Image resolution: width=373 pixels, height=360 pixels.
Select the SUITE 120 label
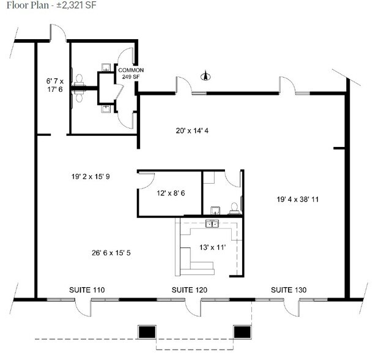click(189, 289)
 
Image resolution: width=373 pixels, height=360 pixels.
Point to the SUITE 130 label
click(289, 289)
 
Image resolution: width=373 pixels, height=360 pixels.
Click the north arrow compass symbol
click(206, 77)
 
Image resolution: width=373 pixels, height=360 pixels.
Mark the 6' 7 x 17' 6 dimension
click(56, 84)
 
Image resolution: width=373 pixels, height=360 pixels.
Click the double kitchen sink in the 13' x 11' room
click(213, 224)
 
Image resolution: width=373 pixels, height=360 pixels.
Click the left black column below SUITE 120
click(146, 331)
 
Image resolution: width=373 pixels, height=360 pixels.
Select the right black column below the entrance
click(243, 331)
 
